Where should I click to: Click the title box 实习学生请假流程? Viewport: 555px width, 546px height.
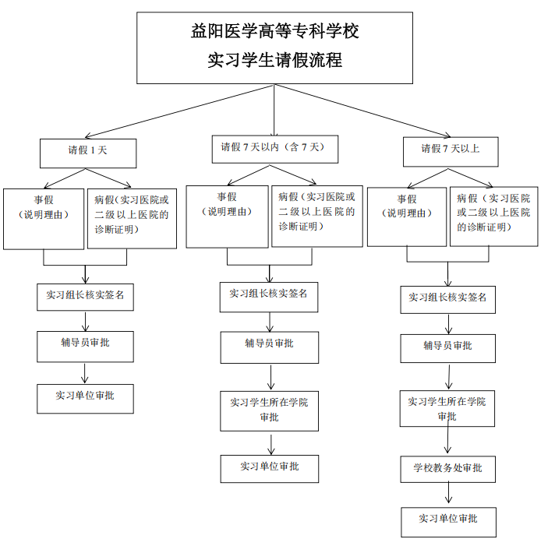(274, 48)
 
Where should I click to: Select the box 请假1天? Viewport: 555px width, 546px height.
(88, 153)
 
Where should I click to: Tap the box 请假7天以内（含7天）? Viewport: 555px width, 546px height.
(274, 148)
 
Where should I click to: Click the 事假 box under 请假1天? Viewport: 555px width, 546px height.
(44, 218)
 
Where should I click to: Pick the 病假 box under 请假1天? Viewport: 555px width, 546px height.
(132, 218)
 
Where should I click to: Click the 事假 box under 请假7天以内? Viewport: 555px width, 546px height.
(227, 217)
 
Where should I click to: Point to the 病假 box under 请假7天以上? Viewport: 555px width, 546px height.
(493, 217)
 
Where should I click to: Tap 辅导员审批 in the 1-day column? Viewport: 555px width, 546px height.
(85, 346)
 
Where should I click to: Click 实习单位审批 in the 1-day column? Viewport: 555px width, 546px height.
(85, 397)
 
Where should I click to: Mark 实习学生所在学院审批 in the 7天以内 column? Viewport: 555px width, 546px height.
(269, 410)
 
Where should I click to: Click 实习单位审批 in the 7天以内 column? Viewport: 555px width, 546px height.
(269, 468)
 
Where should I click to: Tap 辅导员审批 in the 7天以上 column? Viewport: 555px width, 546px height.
(447, 347)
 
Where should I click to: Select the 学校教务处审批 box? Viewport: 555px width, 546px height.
(447, 469)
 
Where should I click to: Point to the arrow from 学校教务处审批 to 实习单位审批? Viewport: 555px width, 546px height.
(448, 495)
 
